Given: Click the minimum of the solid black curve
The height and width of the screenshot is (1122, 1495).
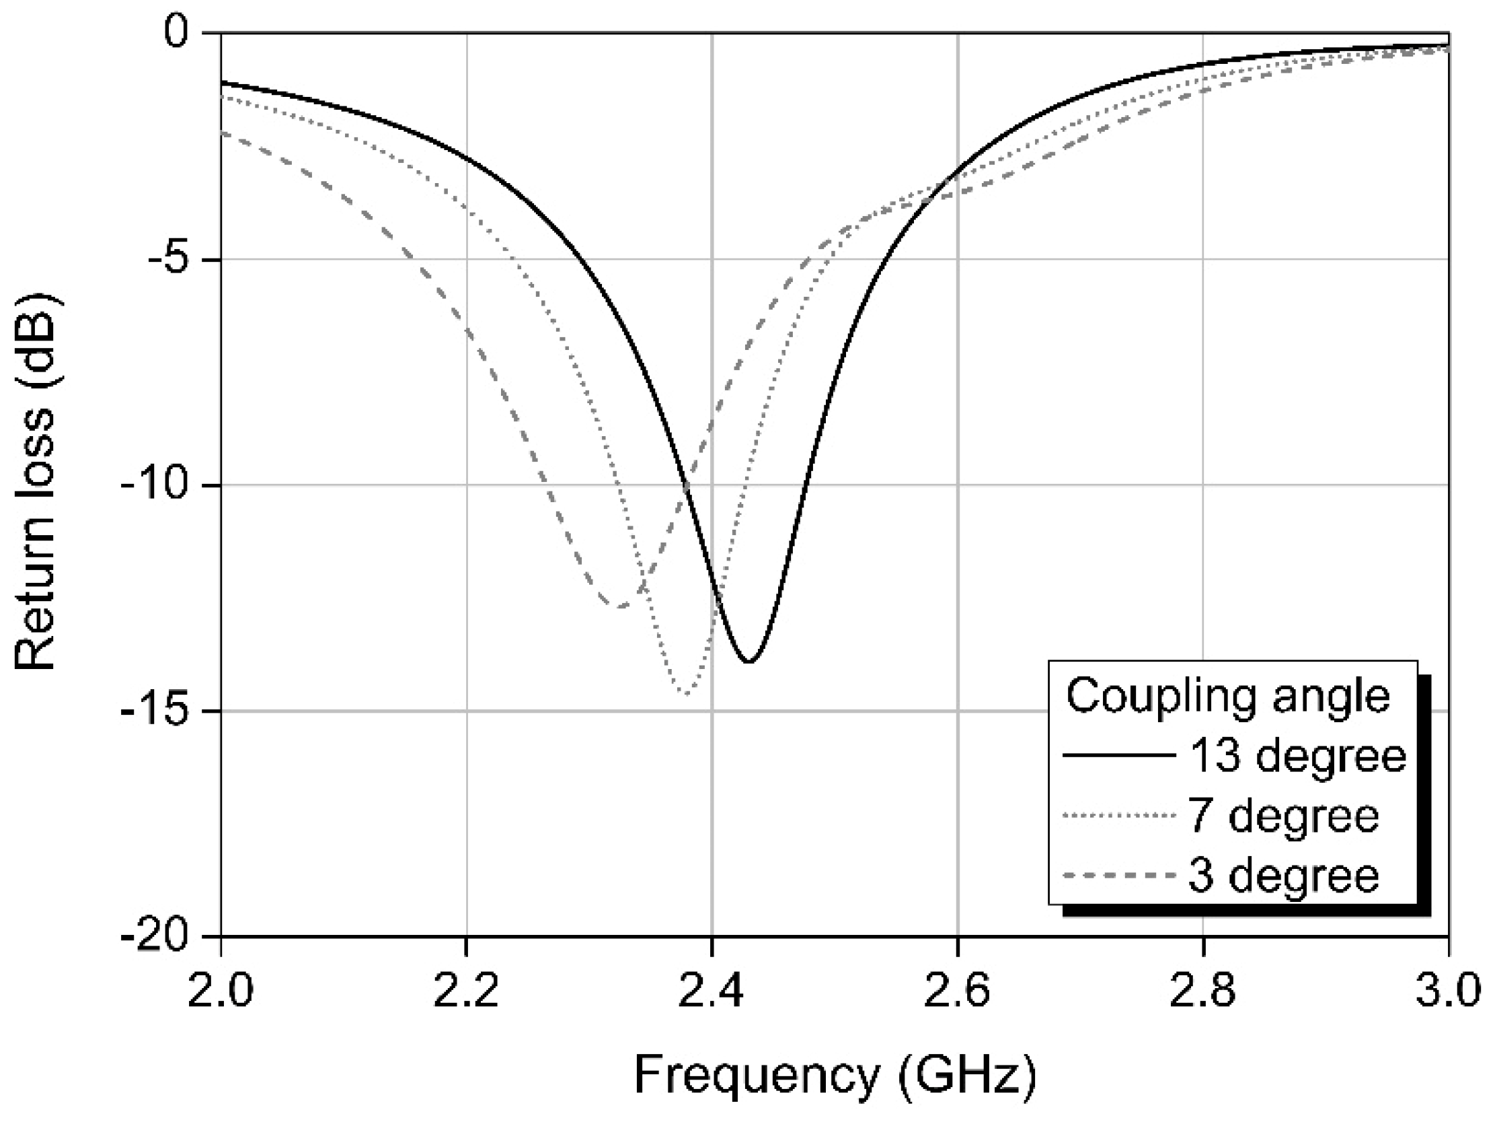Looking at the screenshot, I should [749, 662].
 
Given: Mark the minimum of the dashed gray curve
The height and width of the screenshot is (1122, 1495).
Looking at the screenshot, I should [620, 606].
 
